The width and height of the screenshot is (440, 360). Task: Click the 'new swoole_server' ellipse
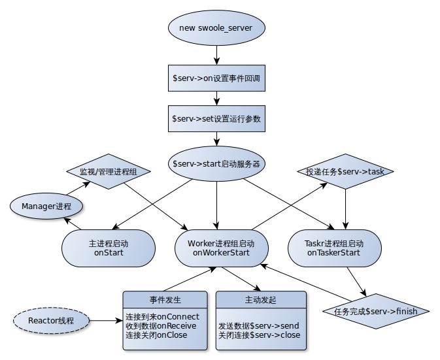click(216, 28)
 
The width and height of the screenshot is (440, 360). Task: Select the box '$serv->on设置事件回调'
click(216, 78)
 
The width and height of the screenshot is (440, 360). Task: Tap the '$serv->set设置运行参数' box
click(216, 119)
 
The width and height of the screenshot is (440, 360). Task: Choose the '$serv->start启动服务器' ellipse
click(216, 163)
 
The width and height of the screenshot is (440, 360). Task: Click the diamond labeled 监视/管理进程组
click(109, 172)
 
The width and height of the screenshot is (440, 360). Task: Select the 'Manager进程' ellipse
click(47, 206)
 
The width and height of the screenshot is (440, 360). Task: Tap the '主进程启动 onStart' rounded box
click(109, 248)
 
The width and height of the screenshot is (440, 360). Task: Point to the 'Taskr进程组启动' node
click(333, 248)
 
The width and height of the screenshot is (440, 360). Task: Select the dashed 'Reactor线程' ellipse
click(51, 320)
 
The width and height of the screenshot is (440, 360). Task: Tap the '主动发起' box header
click(260, 300)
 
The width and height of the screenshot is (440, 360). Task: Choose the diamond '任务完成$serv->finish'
click(370, 310)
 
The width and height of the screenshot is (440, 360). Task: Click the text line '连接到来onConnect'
click(162, 317)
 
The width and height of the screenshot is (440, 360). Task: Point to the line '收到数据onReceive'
click(161, 326)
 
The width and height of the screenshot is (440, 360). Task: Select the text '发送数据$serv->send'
click(259, 325)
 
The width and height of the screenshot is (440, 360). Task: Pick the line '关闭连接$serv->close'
click(259, 334)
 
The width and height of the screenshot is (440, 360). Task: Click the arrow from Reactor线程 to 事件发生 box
click(106, 320)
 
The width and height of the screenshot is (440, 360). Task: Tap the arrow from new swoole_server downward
click(216, 54)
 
